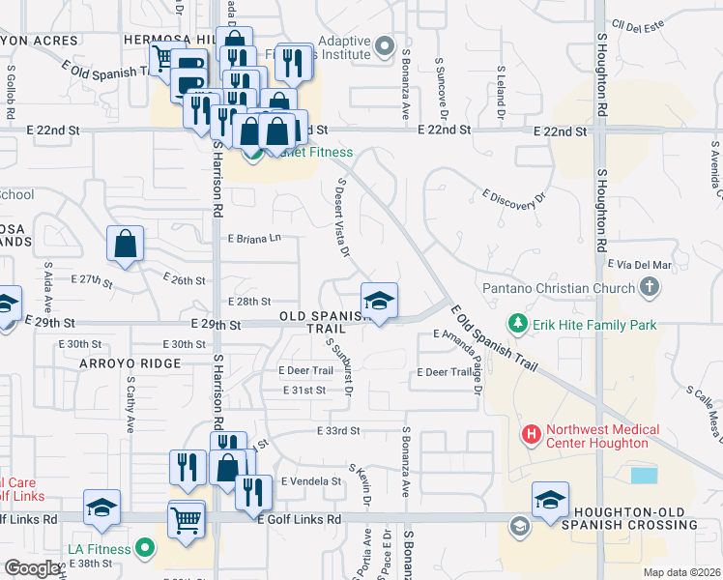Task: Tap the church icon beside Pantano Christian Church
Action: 649,287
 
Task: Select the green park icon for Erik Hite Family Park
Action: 519,324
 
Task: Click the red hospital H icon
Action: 531,436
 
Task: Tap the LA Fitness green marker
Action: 145,549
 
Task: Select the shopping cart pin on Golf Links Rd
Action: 187,520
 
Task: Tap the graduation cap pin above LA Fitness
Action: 101,507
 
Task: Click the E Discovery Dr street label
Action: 514,196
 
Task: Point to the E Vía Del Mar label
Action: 639,263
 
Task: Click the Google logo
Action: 32,568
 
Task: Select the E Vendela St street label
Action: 311,480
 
